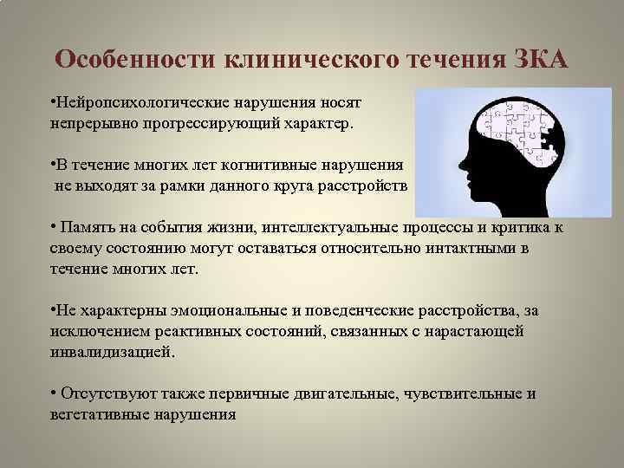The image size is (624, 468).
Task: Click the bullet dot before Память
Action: click(54, 227)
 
